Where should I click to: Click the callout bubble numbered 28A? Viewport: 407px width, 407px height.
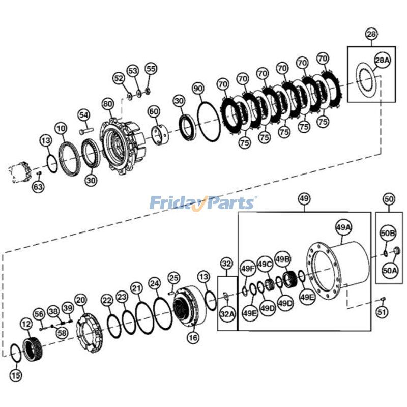tap(382, 60)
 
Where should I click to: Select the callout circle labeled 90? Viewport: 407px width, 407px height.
tap(198, 89)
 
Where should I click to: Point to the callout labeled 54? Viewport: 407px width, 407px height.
tap(83, 115)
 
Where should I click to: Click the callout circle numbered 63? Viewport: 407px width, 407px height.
tap(38, 187)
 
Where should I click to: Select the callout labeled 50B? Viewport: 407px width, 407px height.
tap(388, 234)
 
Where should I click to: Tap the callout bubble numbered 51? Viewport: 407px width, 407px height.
tap(382, 312)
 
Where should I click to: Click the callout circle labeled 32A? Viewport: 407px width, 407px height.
tap(227, 314)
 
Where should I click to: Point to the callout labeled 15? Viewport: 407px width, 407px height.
tap(16, 375)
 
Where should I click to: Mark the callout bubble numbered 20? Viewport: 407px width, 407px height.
tap(80, 300)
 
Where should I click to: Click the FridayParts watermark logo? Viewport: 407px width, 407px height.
tap(203, 203)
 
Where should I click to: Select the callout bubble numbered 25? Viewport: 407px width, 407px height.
tap(173, 277)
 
